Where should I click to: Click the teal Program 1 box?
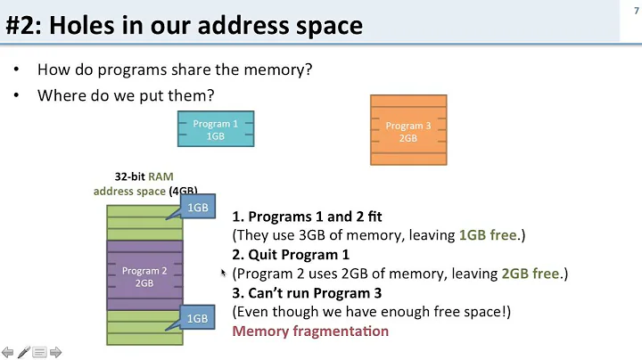(215, 130)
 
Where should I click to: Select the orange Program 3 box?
(407, 131)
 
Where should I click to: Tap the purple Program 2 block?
(144, 276)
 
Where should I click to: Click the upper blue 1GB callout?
(197, 207)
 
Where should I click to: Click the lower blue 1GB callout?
(197, 318)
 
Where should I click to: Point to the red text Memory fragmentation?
(310, 331)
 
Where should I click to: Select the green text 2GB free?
(532, 274)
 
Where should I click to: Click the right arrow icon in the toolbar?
(55, 352)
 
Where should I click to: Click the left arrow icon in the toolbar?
(8, 352)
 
